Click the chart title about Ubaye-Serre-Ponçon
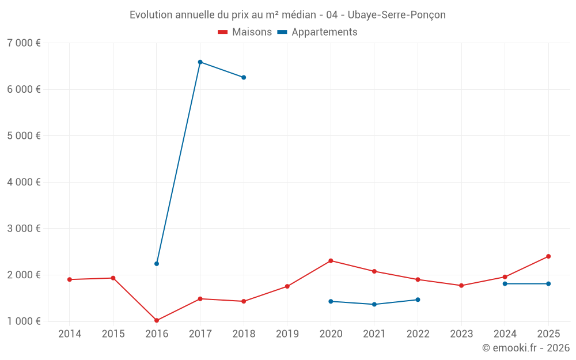(x=287, y=15)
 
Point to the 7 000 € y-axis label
(x=24, y=43)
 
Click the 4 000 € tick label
(x=24, y=182)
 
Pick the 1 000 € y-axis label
(x=24, y=321)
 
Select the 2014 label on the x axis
(x=70, y=334)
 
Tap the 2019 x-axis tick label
(x=287, y=334)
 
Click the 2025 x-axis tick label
(x=548, y=334)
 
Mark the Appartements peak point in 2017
(x=200, y=62)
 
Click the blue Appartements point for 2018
(x=244, y=77)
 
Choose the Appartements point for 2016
(x=157, y=264)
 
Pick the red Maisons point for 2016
(x=157, y=320)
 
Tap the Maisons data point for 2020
(x=331, y=261)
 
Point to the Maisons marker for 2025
(x=548, y=256)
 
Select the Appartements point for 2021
(x=374, y=304)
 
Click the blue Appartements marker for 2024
(x=505, y=283)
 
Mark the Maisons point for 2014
(x=70, y=279)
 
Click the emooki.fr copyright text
(x=526, y=348)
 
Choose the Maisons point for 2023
(x=461, y=286)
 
